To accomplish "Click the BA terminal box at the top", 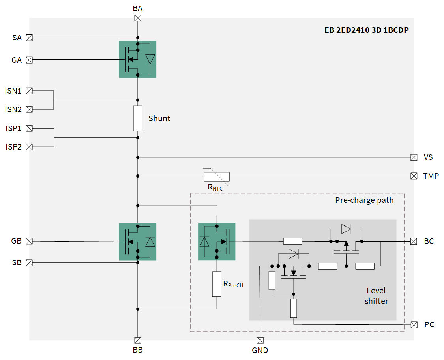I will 138,18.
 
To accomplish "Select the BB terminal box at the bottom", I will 138,340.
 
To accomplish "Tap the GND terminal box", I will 260,340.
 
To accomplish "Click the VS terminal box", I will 414,157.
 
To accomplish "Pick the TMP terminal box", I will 414,176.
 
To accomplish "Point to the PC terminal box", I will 414,324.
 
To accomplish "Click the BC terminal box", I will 414,241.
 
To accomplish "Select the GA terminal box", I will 29,60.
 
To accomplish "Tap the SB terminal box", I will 29,262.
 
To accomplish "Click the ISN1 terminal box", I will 29,91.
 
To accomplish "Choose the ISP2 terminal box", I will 29,147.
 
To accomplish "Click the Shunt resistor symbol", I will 138,118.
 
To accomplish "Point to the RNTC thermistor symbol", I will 216,176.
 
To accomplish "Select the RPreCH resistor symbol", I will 217,284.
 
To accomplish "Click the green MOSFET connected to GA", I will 138,59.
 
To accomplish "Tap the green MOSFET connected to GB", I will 138,242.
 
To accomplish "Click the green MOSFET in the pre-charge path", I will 217,242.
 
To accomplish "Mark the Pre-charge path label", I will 364,200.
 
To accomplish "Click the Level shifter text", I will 376,296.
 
